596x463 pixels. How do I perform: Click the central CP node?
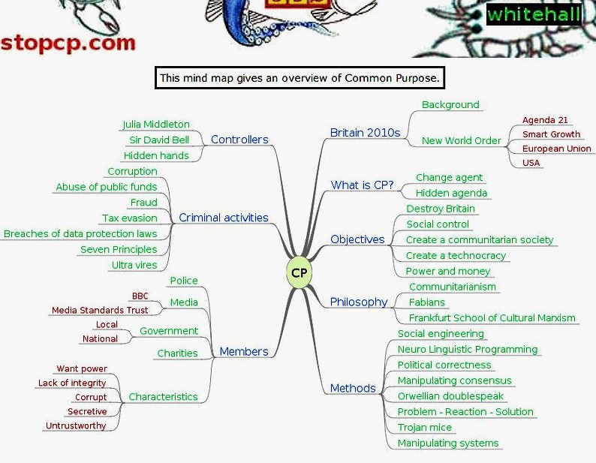299,272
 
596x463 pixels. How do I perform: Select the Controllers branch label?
239,140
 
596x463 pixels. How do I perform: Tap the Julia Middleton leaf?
155,125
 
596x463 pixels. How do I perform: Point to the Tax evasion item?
130,218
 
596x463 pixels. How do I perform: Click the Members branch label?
244,352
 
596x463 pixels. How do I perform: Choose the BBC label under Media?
140,296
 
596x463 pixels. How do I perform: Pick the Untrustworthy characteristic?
76,425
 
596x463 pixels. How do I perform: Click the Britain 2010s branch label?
365,133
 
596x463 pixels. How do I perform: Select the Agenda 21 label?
545,120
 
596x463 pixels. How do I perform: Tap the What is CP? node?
362,185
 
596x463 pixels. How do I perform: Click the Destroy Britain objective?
441,209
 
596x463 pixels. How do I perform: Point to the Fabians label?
427,302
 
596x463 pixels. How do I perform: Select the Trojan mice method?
425,428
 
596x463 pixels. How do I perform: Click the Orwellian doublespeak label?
450,396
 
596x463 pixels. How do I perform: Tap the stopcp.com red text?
68,41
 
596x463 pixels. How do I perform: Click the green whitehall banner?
534,14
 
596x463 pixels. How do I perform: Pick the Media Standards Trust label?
100,311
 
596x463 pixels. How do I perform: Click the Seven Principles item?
119,250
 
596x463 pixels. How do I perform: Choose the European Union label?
557,149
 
